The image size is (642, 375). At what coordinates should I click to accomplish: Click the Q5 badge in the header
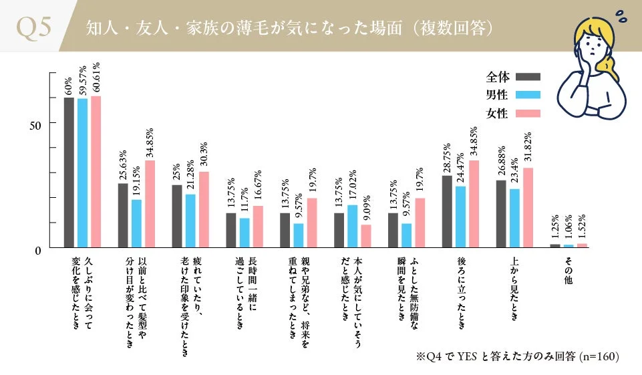tap(33, 27)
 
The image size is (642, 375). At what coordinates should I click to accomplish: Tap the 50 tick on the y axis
tap(36, 125)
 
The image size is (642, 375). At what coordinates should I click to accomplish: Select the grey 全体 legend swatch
tap(528, 76)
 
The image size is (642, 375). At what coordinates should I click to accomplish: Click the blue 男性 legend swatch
tap(528, 95)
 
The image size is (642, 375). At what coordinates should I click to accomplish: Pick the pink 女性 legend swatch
tap(528, 114)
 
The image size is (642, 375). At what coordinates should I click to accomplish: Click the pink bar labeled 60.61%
tap(96, 172)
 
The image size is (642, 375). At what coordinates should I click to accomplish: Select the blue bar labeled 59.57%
tap(83, 173)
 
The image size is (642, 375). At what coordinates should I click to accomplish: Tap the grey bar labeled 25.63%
tap(123, 215)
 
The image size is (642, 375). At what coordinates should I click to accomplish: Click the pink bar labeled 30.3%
tap(204, 209)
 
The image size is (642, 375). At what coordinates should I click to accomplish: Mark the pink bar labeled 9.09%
tap(365, 236)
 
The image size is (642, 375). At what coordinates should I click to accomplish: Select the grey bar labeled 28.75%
tap(446, 211)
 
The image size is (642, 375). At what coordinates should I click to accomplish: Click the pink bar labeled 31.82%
tap(528, 207)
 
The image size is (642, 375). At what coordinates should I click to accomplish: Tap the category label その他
tap(568, 271)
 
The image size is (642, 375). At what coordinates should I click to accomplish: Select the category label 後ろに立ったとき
tap(460, 291)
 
